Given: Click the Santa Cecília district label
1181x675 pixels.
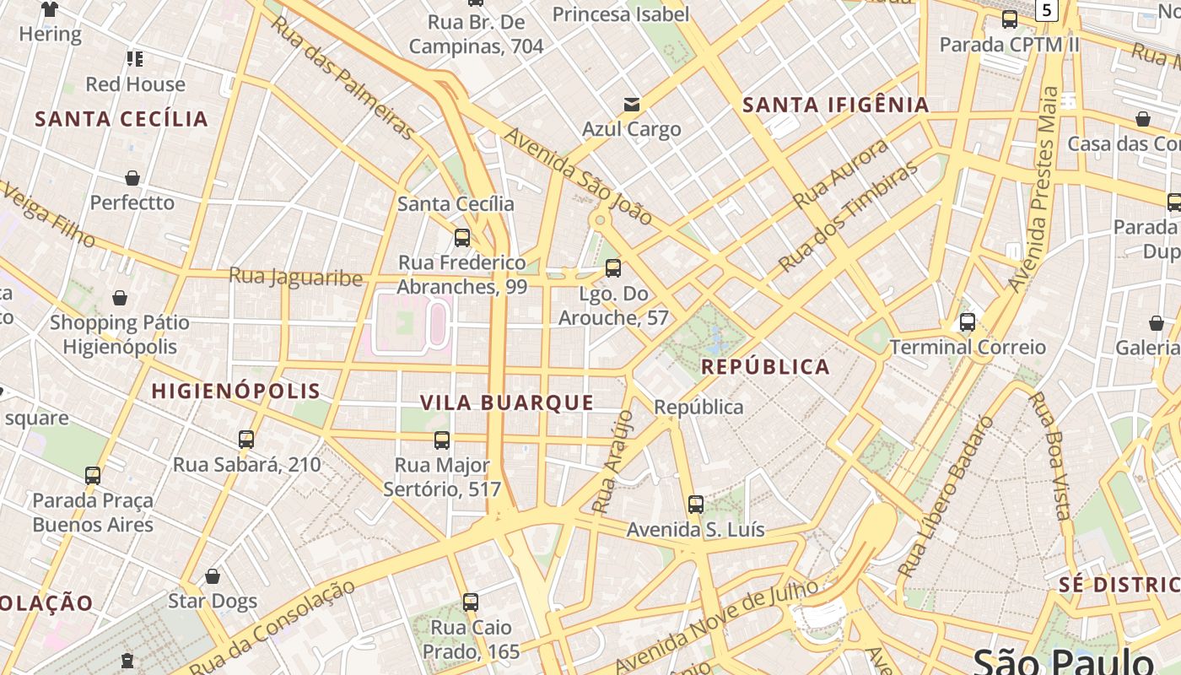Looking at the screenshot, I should click(x=121, y=118).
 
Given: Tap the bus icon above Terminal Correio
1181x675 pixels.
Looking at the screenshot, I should click(x=968, y=321).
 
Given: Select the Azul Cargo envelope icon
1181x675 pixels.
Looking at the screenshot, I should click(x=631, y=105).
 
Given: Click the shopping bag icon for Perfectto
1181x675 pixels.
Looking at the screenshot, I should click(x=132, y=178).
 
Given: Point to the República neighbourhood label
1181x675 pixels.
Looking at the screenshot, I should click(x=765, y=366).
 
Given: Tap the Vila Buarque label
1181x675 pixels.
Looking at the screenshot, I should click(x=507, y=402).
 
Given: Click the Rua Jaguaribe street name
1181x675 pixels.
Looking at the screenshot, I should click(x=295, y=276).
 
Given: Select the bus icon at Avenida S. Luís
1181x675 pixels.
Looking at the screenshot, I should click(x=695, y=505).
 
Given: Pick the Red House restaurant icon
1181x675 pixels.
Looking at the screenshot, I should click(x=135, y=59).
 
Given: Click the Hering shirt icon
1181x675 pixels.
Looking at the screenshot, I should click(x=50, y=9).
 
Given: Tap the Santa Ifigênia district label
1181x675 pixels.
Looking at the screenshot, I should click(x=835, y=105).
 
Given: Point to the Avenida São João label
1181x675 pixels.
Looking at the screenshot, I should click(x=579, y=176).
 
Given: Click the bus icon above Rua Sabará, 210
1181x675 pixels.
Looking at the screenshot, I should click(x=246, y=439).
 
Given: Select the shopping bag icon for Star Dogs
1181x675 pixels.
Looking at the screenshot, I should click(x=213, y=576).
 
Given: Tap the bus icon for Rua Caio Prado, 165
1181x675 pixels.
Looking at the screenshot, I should click(x=471, y=602).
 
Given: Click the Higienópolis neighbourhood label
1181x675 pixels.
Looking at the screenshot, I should click(x=235, y=391).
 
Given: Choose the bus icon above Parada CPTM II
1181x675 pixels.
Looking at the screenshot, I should click(x=1009, y=19).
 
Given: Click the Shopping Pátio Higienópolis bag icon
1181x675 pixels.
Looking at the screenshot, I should click(x=120, y=298).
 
